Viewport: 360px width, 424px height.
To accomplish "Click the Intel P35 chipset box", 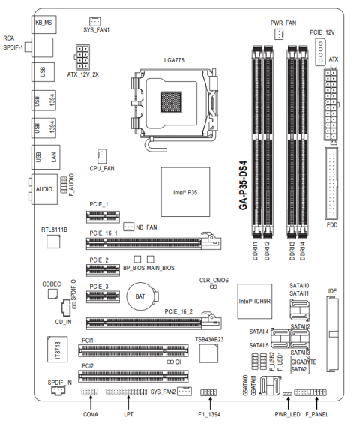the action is [185, 192].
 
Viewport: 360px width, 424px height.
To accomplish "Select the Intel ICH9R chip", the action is [254, 301].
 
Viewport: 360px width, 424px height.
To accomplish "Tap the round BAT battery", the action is [140, 296].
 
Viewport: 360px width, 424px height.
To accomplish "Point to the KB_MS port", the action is [44, 24].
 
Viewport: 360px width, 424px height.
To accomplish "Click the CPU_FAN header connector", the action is [101, 156].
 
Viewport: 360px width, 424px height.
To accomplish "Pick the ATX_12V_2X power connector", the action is [82, 57].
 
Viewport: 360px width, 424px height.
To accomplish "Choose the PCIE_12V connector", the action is [320, 52].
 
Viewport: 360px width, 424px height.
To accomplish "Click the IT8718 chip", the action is [58, 349].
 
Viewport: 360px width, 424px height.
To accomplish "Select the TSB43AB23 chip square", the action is [208, 353].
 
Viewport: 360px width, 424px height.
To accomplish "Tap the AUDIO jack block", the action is [44, 189].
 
